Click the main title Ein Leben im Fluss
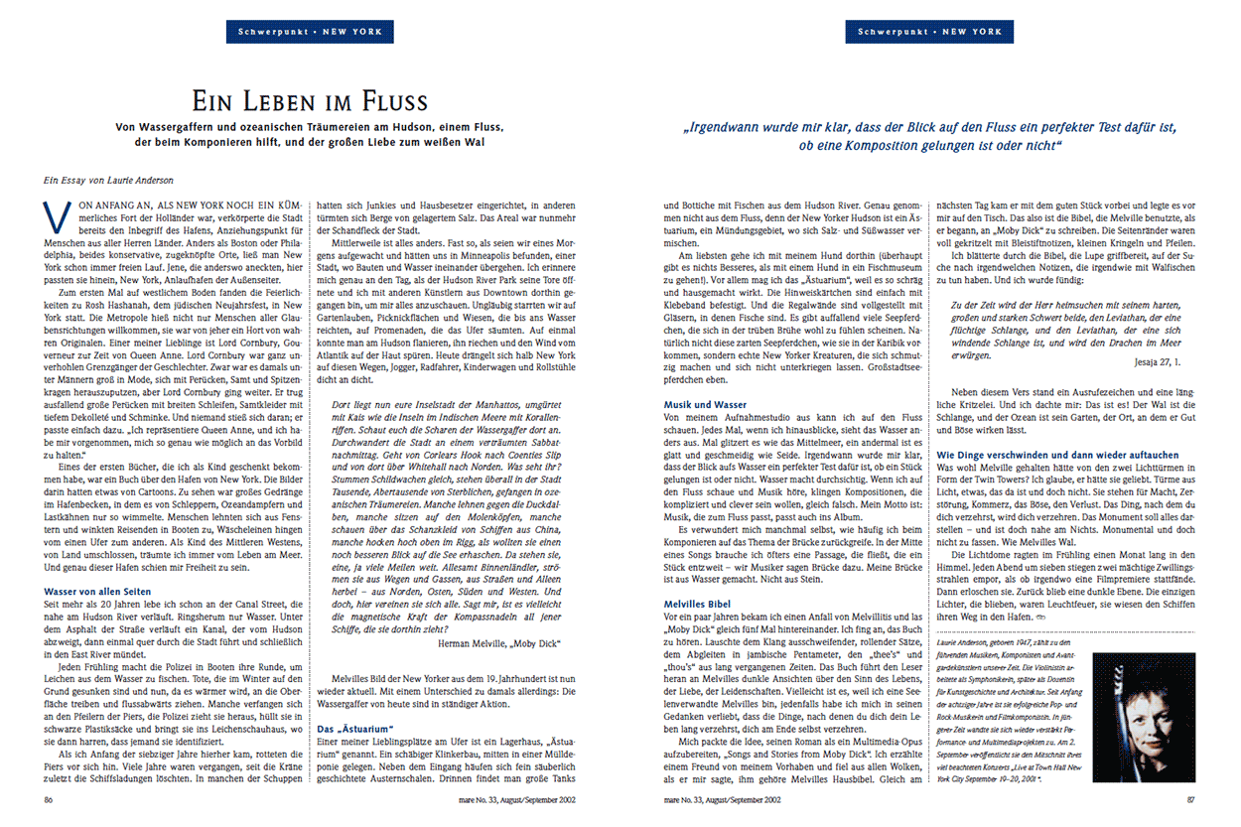(x=310, y=101)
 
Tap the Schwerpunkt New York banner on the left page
(x=310, y=33)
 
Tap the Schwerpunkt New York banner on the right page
(x=930, y=33)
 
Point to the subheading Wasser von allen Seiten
(x=96, y=592)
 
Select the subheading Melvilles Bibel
(x=697, y=603)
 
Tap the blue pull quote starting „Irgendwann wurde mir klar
(x=931, y=136)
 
